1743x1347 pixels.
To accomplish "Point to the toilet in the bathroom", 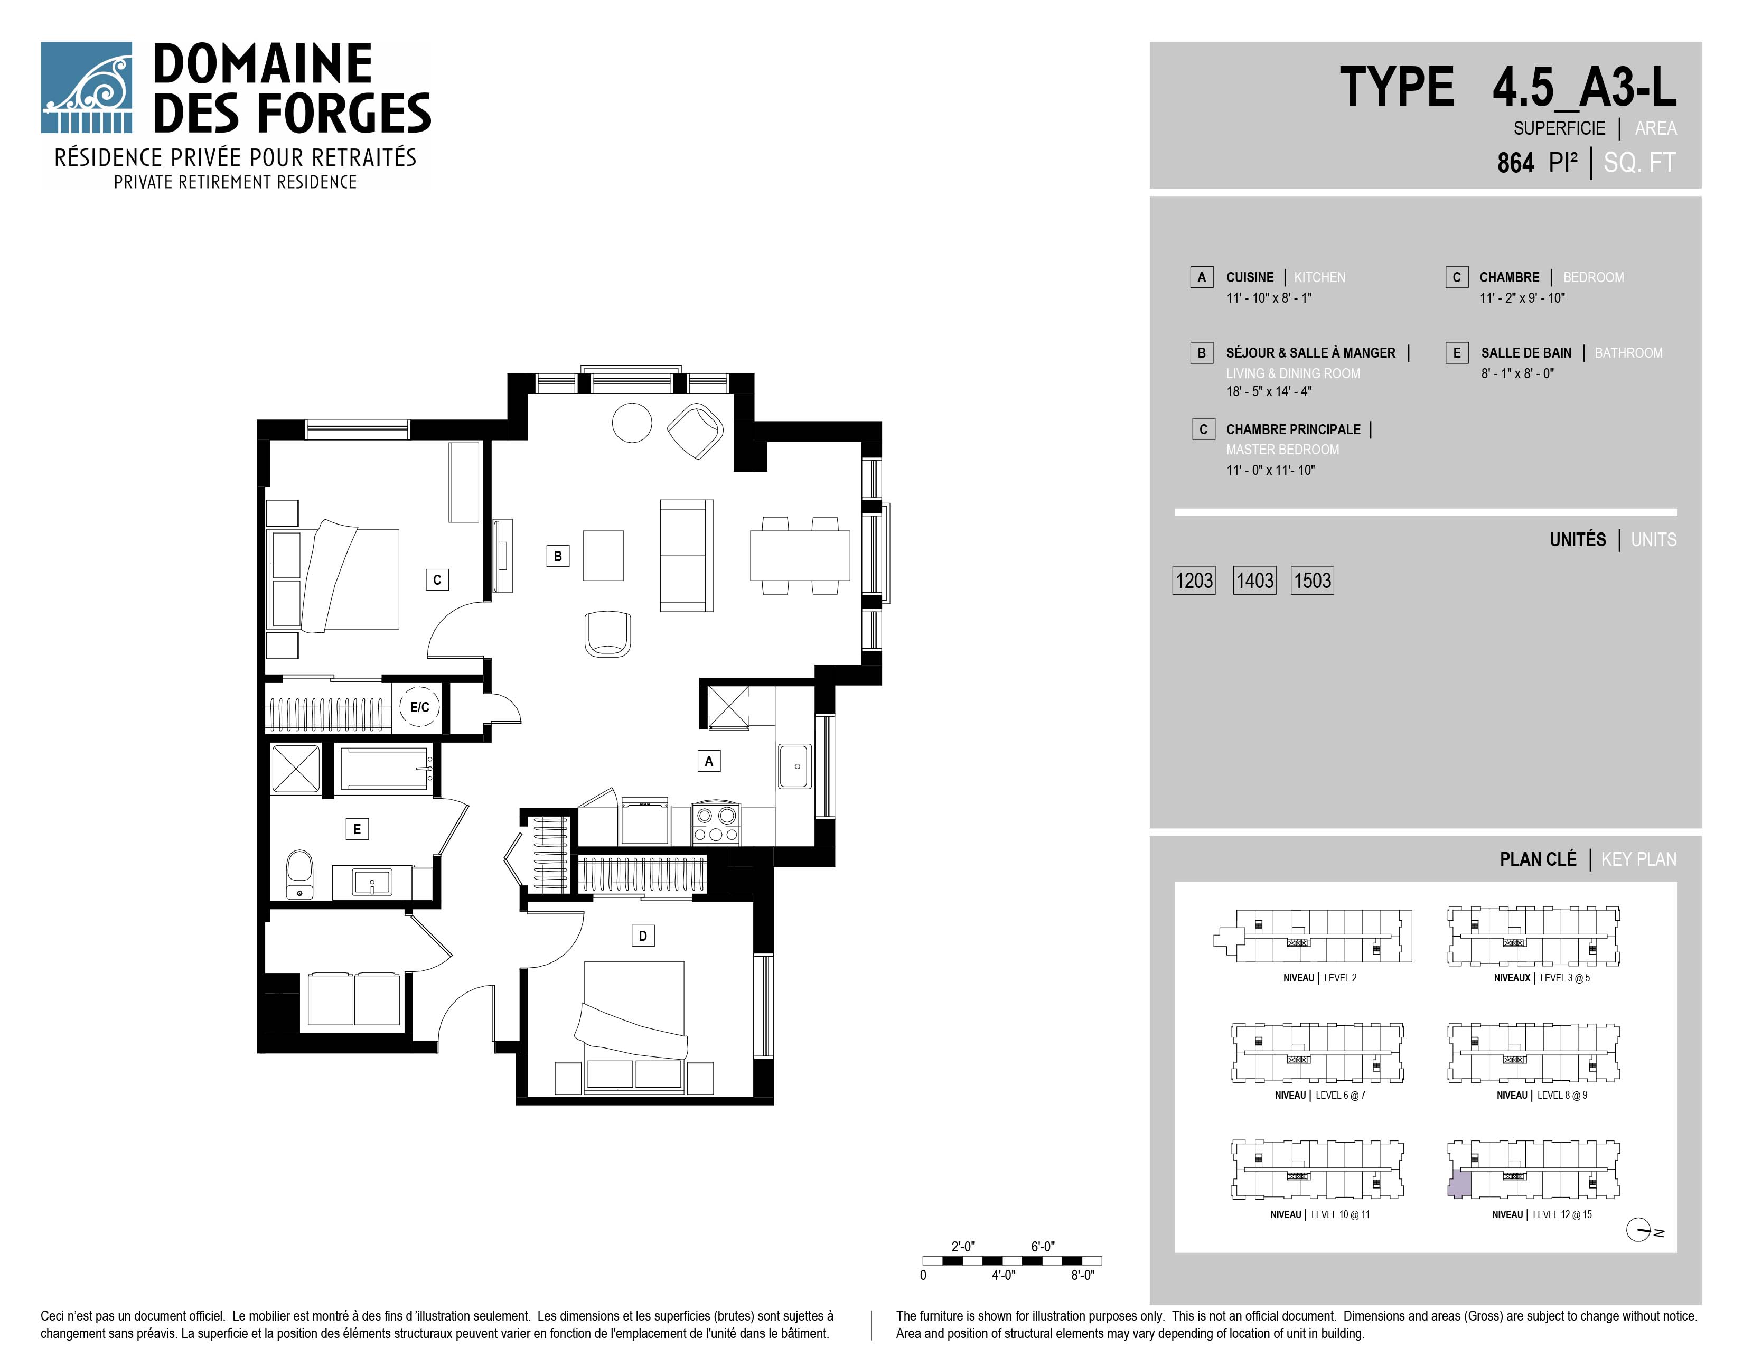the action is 299,875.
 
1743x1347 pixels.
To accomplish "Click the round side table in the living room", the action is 632,422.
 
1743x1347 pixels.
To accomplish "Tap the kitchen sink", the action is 795,766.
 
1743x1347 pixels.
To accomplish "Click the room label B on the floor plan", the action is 558,556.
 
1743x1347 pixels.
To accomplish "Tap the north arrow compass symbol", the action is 1639,1231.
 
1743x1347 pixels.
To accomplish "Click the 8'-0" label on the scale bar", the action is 1082,1275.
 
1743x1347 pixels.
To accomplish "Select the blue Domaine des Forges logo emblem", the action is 86,87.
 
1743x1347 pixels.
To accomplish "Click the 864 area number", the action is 1515,163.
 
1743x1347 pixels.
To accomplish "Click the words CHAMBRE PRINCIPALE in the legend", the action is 1293,429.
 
